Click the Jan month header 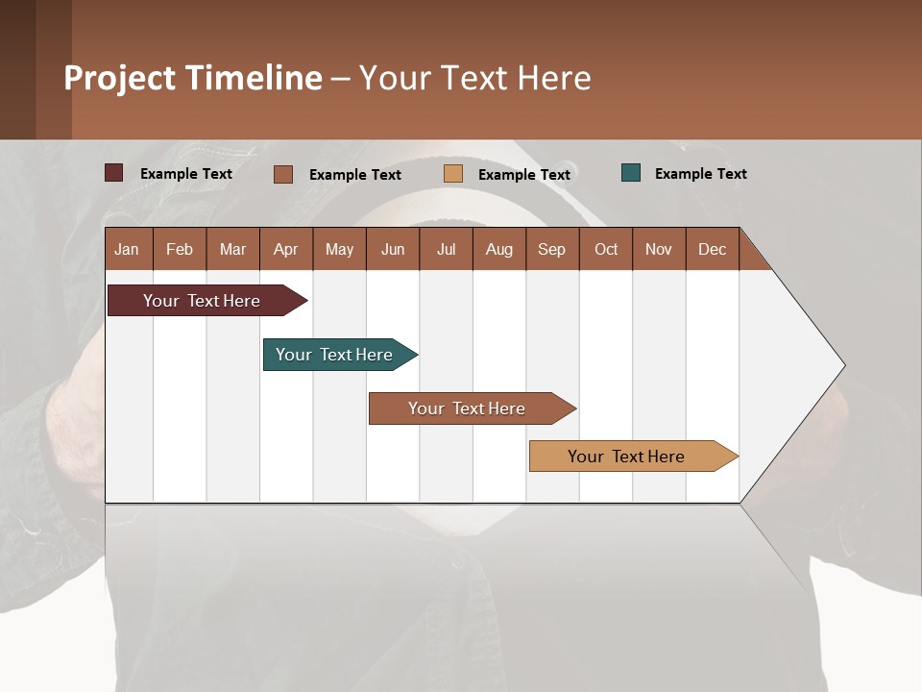click(x=127, y=249)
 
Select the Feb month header click(x=180, y=249)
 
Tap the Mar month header click(x=232, y=249)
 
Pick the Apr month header click(x=285, y=249)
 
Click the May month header click(x=339, y=249)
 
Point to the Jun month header click(x=393, y=249)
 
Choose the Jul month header click(x=446, y=249)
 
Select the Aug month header click(x=498, y=249)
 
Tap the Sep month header click(x=551, y=249)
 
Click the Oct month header click(x=606, y=249)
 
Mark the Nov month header click(x=659, y=249)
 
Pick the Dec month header click(x=712, y=249)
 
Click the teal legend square click(x=631, y=173)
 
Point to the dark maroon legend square click(x=114, y=173)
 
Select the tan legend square click(x=453, y=174)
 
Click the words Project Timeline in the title click(x=193, y=78)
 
